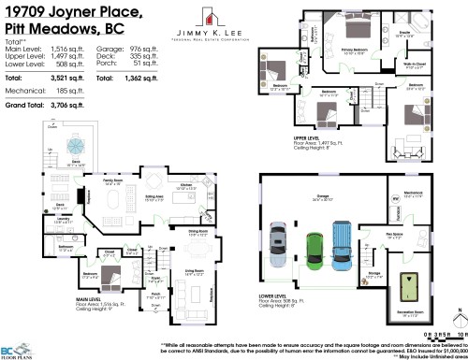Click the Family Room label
114,183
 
